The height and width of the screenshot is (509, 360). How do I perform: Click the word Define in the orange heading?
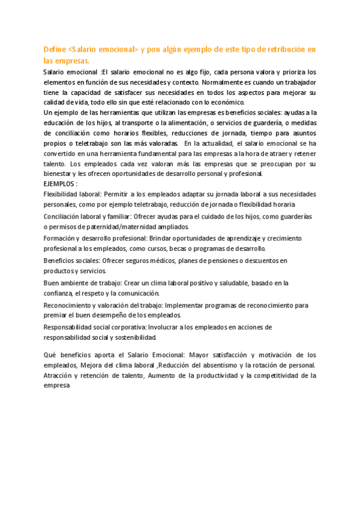(x=55, y=49)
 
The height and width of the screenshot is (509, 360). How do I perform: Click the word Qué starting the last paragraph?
(x=50, y=355)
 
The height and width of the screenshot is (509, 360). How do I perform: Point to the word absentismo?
(x=215, y=365)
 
